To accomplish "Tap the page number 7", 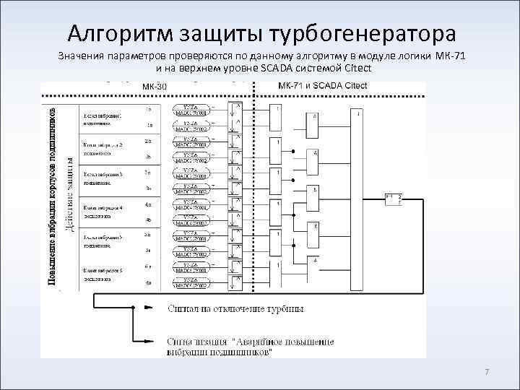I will [x=486, y=372].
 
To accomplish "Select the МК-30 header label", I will [x=154, y=87].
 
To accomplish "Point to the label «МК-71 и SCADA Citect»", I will [x=323, y=86].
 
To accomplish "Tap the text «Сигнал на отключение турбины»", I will [x=235, y=308].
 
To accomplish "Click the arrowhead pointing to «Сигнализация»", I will [x=149, y=342].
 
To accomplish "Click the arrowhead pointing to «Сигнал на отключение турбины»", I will [x=149, y=308].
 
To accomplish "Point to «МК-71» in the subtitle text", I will [x=451, y=56].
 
